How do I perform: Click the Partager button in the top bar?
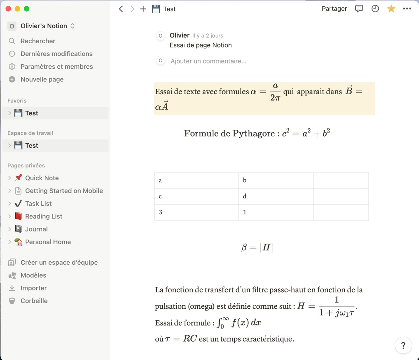click(334, 9)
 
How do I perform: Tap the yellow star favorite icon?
click(391, 9)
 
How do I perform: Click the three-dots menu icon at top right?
click(407, 9)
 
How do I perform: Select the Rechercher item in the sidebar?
click(38, 41)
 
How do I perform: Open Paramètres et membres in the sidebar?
click(57, 67)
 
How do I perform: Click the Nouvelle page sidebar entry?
click(42, 80)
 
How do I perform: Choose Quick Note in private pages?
click(42, 178)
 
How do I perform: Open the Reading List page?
click(44, 216)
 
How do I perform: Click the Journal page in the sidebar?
click(36, 229)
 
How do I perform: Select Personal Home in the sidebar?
click(48, 242)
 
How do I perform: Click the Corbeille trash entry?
click(34, 301)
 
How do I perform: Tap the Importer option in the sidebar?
click(34, 288)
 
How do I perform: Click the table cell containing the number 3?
click(196, 212)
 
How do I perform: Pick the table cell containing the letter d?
click(276, 196)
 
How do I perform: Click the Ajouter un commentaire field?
click(208, 61)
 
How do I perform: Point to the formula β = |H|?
click(257, 248)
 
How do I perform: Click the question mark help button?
click(403, 345)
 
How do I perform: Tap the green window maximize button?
click(27, 9)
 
